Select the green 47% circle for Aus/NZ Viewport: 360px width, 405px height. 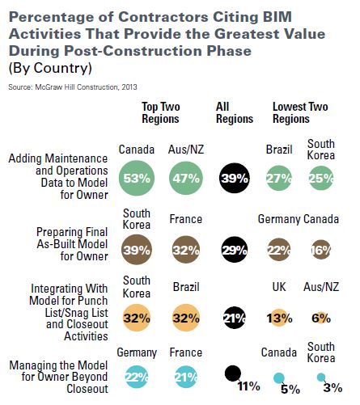(188, 178)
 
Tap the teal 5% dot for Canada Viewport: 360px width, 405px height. (278, 378)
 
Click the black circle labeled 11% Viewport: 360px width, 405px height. (232, 373)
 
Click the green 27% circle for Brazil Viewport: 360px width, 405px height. (279, 178)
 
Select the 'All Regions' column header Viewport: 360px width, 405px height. (235, 112)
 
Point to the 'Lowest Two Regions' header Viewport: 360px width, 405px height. (301, 112)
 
